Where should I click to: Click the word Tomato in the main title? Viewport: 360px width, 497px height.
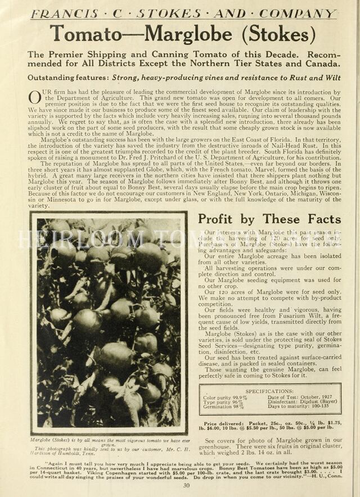click(84, 34)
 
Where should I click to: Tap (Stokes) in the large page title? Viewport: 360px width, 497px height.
click(273, 34)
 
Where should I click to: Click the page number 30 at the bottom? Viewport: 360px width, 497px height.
click(186, 486)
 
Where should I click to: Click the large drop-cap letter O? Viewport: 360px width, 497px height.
click(34, 97)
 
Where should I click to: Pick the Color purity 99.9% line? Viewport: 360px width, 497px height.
click(225, 397)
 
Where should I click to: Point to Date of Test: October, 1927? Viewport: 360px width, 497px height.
click(299, 397)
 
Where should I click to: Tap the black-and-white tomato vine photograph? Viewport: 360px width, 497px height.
click(109, 323)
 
